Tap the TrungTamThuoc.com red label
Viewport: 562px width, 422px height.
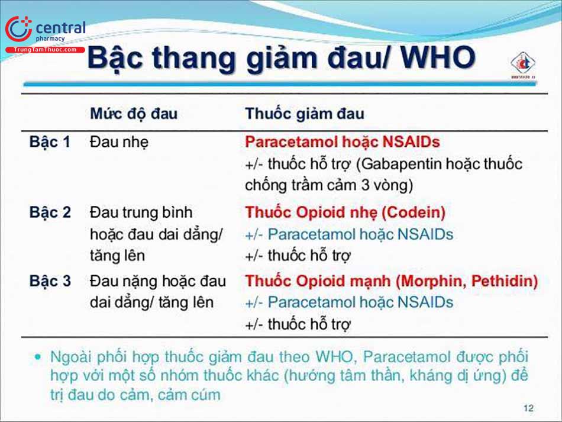tap(46, 50)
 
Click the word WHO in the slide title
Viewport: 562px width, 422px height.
tap(438, 59)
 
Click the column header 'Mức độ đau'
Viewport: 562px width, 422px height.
tap(133, 114)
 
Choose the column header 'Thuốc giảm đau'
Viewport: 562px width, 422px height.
tap(305, 114)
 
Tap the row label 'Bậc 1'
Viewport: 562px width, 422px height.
tap(50, 142)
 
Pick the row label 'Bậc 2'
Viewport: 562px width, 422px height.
tap(50, 212)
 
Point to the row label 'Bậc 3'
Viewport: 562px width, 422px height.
tap(50, 281)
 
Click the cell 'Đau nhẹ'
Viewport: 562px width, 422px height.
tap(119, 142)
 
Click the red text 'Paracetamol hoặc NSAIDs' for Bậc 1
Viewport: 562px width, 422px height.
tap(343, 142)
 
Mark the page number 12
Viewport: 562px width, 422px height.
tap(528, 408)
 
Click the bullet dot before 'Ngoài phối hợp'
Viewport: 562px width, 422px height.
tap(38, 357)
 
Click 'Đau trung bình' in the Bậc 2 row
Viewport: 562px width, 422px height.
tap(141, 212)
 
